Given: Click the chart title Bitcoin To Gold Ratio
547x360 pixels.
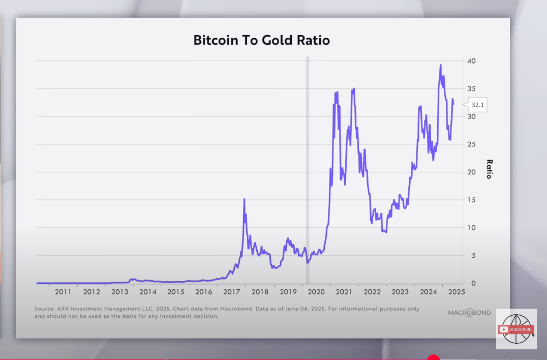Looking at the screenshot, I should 261,40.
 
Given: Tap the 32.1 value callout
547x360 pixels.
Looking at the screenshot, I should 477,105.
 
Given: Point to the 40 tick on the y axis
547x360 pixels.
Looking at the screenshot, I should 472,61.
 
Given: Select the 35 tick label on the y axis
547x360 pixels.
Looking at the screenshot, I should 472,89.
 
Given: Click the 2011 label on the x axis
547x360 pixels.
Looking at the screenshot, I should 63,292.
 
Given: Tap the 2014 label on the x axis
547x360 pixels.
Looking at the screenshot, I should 147,292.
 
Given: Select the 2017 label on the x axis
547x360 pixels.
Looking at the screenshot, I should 232,292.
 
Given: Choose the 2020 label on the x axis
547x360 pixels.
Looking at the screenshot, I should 316,292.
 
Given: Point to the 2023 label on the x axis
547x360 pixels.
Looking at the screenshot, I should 400,292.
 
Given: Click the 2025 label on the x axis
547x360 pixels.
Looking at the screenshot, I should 457,292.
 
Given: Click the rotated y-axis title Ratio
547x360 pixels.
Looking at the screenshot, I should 489,169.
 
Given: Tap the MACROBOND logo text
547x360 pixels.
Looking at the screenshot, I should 468,312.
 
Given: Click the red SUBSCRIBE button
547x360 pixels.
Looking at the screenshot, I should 516,329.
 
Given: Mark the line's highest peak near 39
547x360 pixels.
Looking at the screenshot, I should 441,65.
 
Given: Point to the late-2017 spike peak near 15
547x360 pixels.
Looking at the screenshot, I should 245,199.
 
